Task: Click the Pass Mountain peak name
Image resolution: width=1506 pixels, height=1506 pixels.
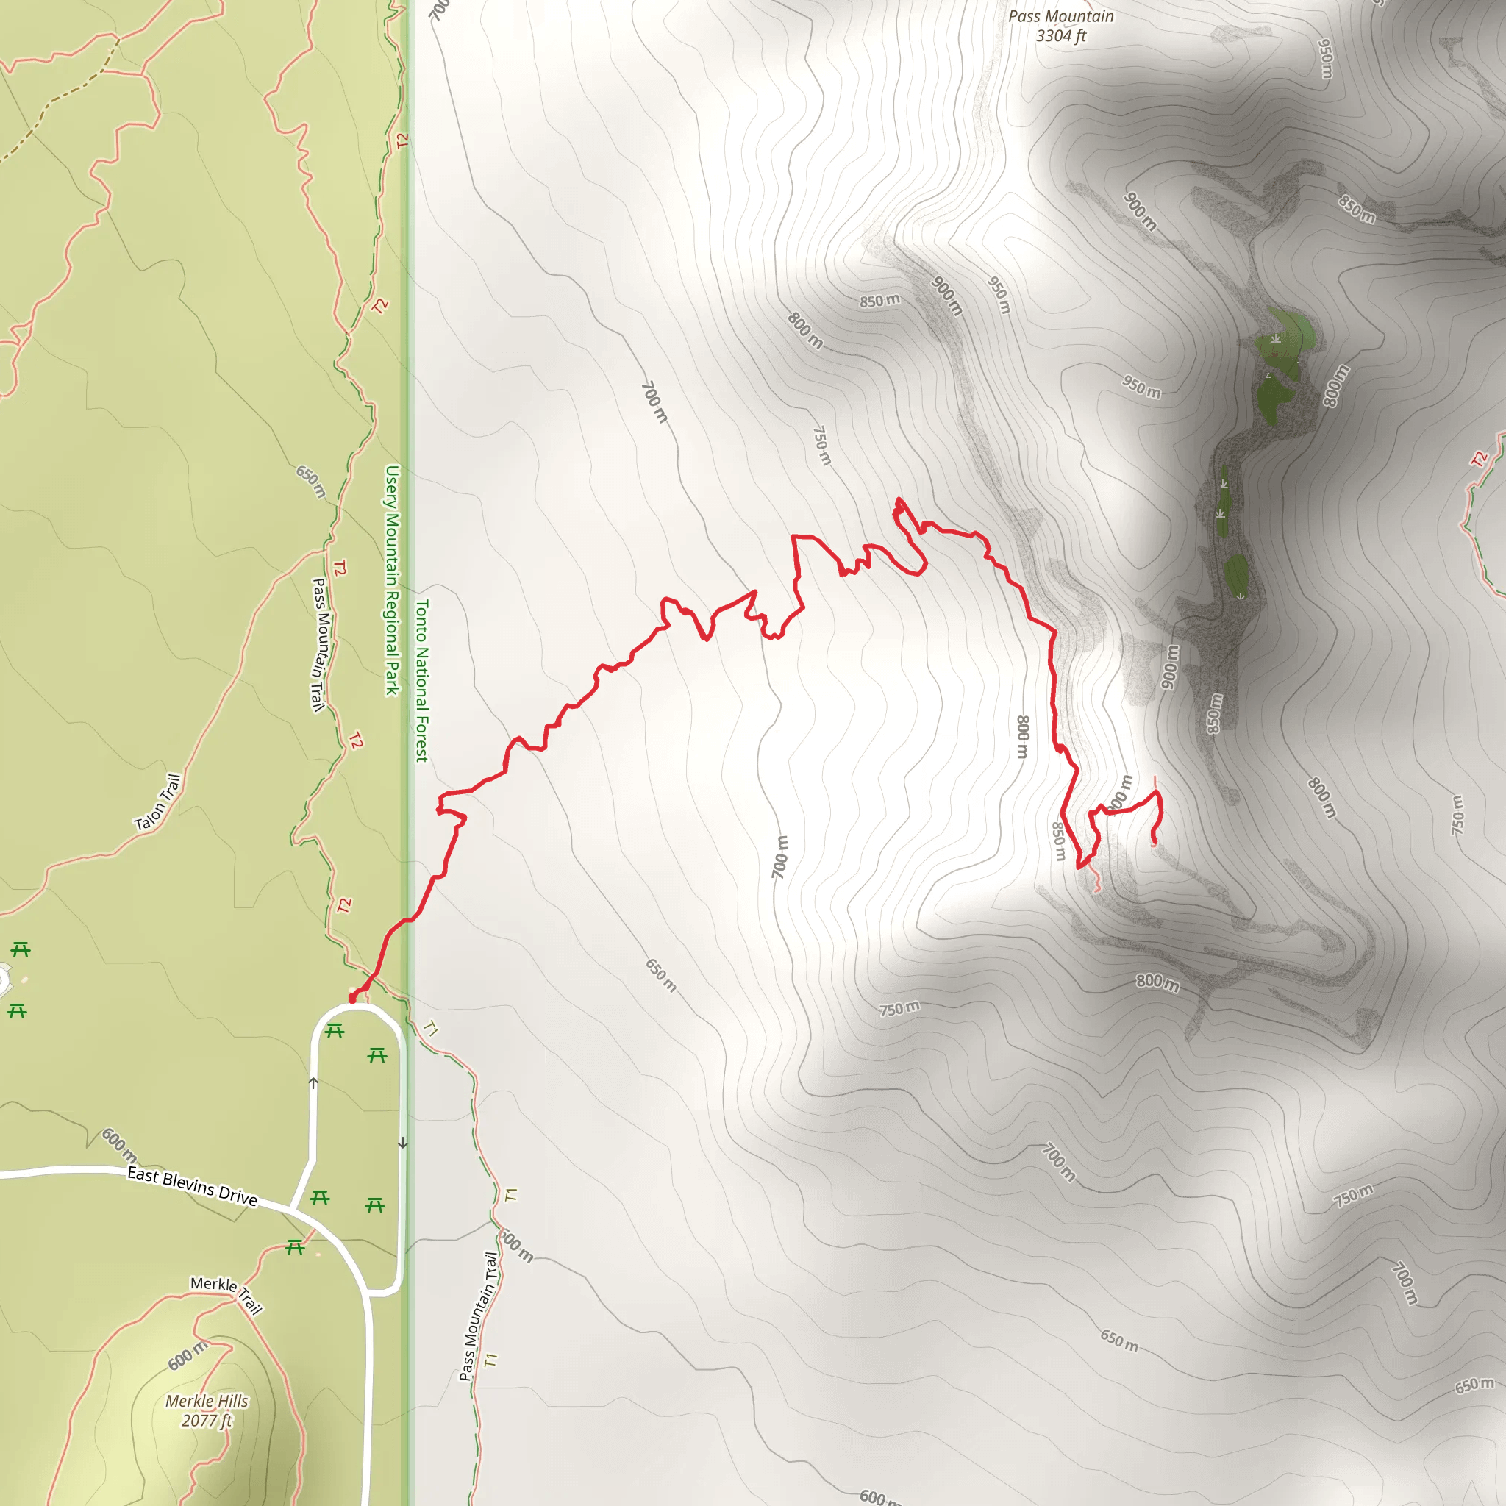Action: click(x=1061, y=16)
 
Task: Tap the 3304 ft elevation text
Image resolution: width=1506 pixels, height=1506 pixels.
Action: click(x=1061, y=36)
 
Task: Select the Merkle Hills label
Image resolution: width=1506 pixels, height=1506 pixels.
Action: click(x=207, y=1401)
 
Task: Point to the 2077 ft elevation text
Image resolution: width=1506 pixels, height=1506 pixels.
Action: click(x=207, y=1420)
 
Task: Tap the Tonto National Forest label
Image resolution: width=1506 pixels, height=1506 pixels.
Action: click(x=421, y=679)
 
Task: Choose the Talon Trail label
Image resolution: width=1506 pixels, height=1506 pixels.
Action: click(x=158, y=802)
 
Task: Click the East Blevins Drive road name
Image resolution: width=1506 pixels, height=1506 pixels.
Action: click(x=193, y=1186)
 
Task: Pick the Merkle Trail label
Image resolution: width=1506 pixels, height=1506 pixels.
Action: click(x=226, y=1295)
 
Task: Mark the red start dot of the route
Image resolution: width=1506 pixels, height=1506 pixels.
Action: click(x=352, y=999)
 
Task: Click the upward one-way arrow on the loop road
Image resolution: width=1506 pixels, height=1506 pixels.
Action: click(x=313, y=1082)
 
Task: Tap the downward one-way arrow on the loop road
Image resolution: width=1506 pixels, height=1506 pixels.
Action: click(x=403, y=1143)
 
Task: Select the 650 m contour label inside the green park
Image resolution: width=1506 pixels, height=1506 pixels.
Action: click(x=310, y=481)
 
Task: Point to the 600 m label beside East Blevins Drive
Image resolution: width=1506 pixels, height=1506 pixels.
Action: click(x=119, y=1143)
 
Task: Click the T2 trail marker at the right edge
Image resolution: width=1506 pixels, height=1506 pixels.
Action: click(x=1480, y=459)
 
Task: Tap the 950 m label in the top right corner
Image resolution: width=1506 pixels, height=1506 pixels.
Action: click(x=1325, y=59)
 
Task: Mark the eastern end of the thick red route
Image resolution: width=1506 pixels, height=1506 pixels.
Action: click(x=1154, y=840)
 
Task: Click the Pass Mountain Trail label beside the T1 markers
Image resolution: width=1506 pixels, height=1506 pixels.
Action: click(x=479, y=1316)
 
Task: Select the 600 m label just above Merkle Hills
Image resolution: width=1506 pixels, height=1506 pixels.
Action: click(x=187, y=1355)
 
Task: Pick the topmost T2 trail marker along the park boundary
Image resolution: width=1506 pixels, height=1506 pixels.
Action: click(x=402, y=141)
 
